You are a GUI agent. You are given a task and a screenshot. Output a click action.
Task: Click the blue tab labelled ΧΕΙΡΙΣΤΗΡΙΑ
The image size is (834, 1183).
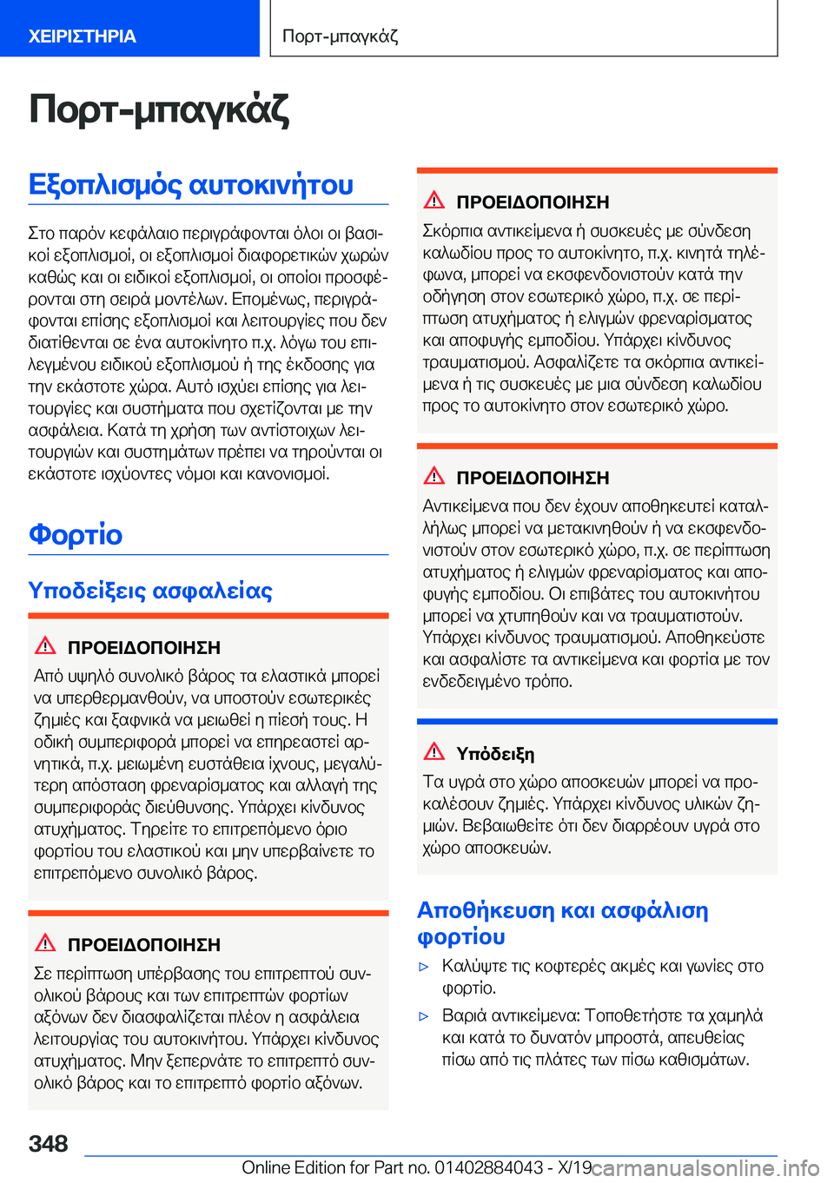[x=83, y=36]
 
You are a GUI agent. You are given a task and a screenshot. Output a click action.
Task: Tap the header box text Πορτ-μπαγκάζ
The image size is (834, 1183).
[x=341, y=36]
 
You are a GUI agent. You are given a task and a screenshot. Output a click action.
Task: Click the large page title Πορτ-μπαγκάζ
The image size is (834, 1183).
[x=159, y=110]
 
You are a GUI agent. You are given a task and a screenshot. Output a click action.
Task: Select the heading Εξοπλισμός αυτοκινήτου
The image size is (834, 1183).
[x=191, y=185]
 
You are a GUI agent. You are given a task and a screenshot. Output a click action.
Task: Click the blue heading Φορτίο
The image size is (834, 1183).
[x=76, y=534]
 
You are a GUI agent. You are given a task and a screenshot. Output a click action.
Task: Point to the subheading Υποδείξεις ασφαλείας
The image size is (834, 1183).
[x=150, y=591]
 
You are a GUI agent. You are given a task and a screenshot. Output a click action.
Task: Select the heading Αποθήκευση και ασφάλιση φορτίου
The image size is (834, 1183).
[x=562, y=922]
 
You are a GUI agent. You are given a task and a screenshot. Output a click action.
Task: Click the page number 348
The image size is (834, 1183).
[x=49, y=1143]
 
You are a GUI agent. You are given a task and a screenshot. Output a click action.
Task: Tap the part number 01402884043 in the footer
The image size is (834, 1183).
[x=490, y=1167]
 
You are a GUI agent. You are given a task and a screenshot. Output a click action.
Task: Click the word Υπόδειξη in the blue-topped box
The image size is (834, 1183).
[x=495, y=754]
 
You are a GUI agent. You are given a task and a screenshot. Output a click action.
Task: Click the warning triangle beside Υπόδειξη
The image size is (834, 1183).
[x=434, y=751]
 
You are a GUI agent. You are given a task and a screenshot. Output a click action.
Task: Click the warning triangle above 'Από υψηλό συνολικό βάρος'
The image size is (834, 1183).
[x=45, y=645]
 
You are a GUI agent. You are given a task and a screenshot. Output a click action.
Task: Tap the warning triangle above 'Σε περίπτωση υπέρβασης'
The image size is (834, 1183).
[x=45, y=942]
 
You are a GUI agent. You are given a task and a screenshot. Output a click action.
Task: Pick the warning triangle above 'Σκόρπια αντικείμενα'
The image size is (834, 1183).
[x=434, y=200]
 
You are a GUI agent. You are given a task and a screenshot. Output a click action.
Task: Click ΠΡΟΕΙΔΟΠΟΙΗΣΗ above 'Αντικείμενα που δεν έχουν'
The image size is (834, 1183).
[x=533, y=478]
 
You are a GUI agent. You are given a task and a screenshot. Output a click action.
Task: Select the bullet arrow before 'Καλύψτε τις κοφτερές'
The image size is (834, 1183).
[x=425, y=966]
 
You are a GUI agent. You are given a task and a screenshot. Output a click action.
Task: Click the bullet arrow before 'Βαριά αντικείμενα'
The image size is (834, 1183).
[x=425, y=1015]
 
